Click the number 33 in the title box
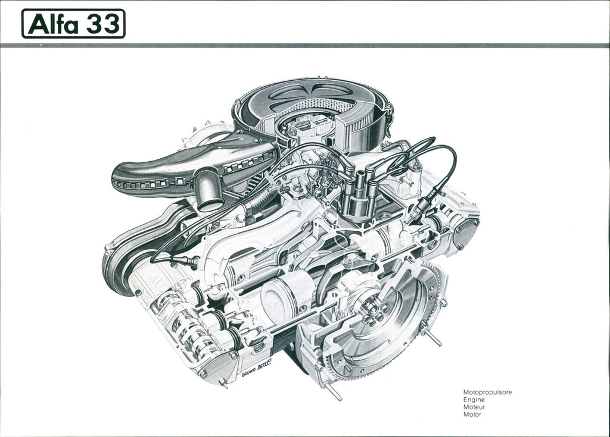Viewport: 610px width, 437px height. pos(102,24)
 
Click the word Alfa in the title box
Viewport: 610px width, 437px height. pos(53,24)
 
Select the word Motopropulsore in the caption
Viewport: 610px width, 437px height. pos(487,392)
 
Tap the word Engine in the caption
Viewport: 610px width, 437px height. pos(474,400)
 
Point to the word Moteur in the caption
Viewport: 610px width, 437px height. pos(474,407)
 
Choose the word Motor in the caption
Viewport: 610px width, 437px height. pos(472,414)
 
